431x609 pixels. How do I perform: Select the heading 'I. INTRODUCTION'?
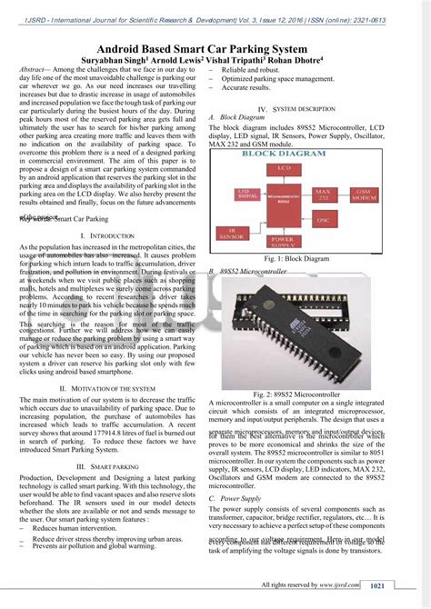tap(107, 235)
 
